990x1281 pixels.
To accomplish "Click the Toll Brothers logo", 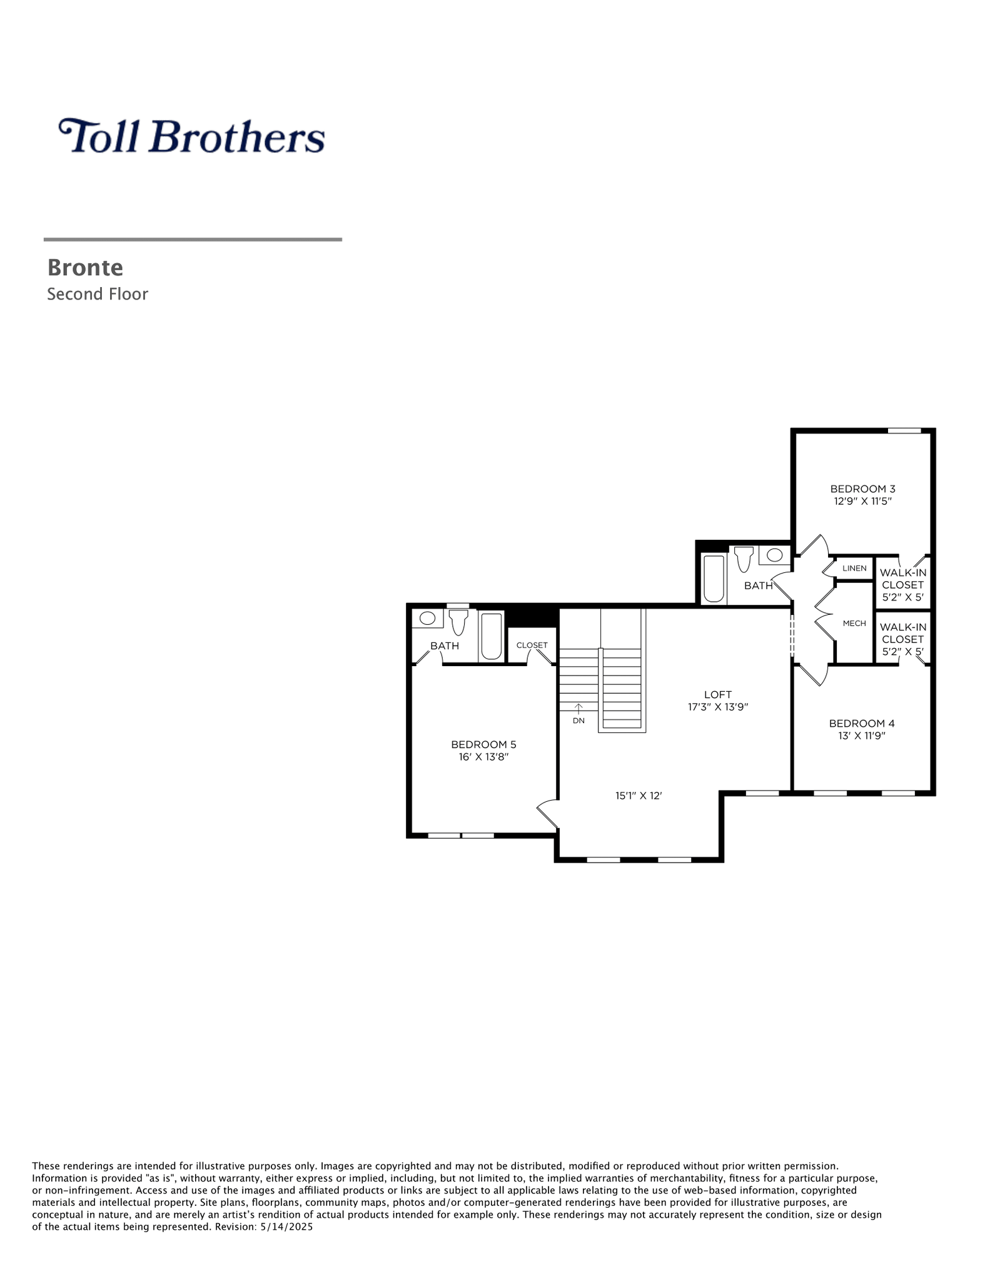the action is point(191,136).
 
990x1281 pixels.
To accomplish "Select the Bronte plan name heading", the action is point(85,268).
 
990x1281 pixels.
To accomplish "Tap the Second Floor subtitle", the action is point(98,294).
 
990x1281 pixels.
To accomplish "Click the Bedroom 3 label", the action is point(862,489).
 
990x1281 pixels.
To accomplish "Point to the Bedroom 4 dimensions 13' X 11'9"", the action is point(862,736).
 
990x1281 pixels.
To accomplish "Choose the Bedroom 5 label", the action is point(483,744).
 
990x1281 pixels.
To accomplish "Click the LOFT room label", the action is point(717,694).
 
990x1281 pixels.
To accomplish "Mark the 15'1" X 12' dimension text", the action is point(639,796).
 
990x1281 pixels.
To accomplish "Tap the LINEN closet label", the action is point(854,568).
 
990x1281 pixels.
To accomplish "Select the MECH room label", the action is point(854,623).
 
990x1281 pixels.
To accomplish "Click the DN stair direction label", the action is point(578,721).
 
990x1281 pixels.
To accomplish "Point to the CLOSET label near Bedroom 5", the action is point(532,645).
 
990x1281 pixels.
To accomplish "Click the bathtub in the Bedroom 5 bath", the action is point(492,636).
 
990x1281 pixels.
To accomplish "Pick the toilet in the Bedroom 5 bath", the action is point(458,622).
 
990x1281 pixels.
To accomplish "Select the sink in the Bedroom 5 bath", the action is point(427,618).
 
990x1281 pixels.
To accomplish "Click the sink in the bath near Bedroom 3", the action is point(774,554).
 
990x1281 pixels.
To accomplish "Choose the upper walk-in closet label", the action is point(902,585).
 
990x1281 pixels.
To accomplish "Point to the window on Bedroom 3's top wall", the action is point(904,430).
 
